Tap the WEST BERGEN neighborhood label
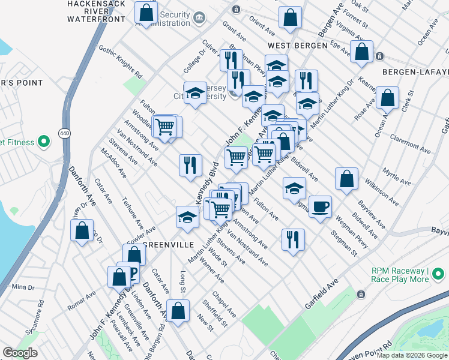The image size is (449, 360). point(298,46)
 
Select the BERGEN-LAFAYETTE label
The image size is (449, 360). point(414,71)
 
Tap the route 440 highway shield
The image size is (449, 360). point(63,133)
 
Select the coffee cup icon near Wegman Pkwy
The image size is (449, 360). point(320,206)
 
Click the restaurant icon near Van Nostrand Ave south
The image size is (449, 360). point(293,239)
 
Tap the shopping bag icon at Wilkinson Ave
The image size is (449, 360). point(347,178)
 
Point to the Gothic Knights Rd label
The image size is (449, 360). point(120,62)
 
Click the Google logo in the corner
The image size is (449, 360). point(20,353)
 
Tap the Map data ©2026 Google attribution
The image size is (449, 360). point(412,355)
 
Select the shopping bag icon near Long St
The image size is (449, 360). point(178,311)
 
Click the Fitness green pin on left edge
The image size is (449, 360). point(43,142)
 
